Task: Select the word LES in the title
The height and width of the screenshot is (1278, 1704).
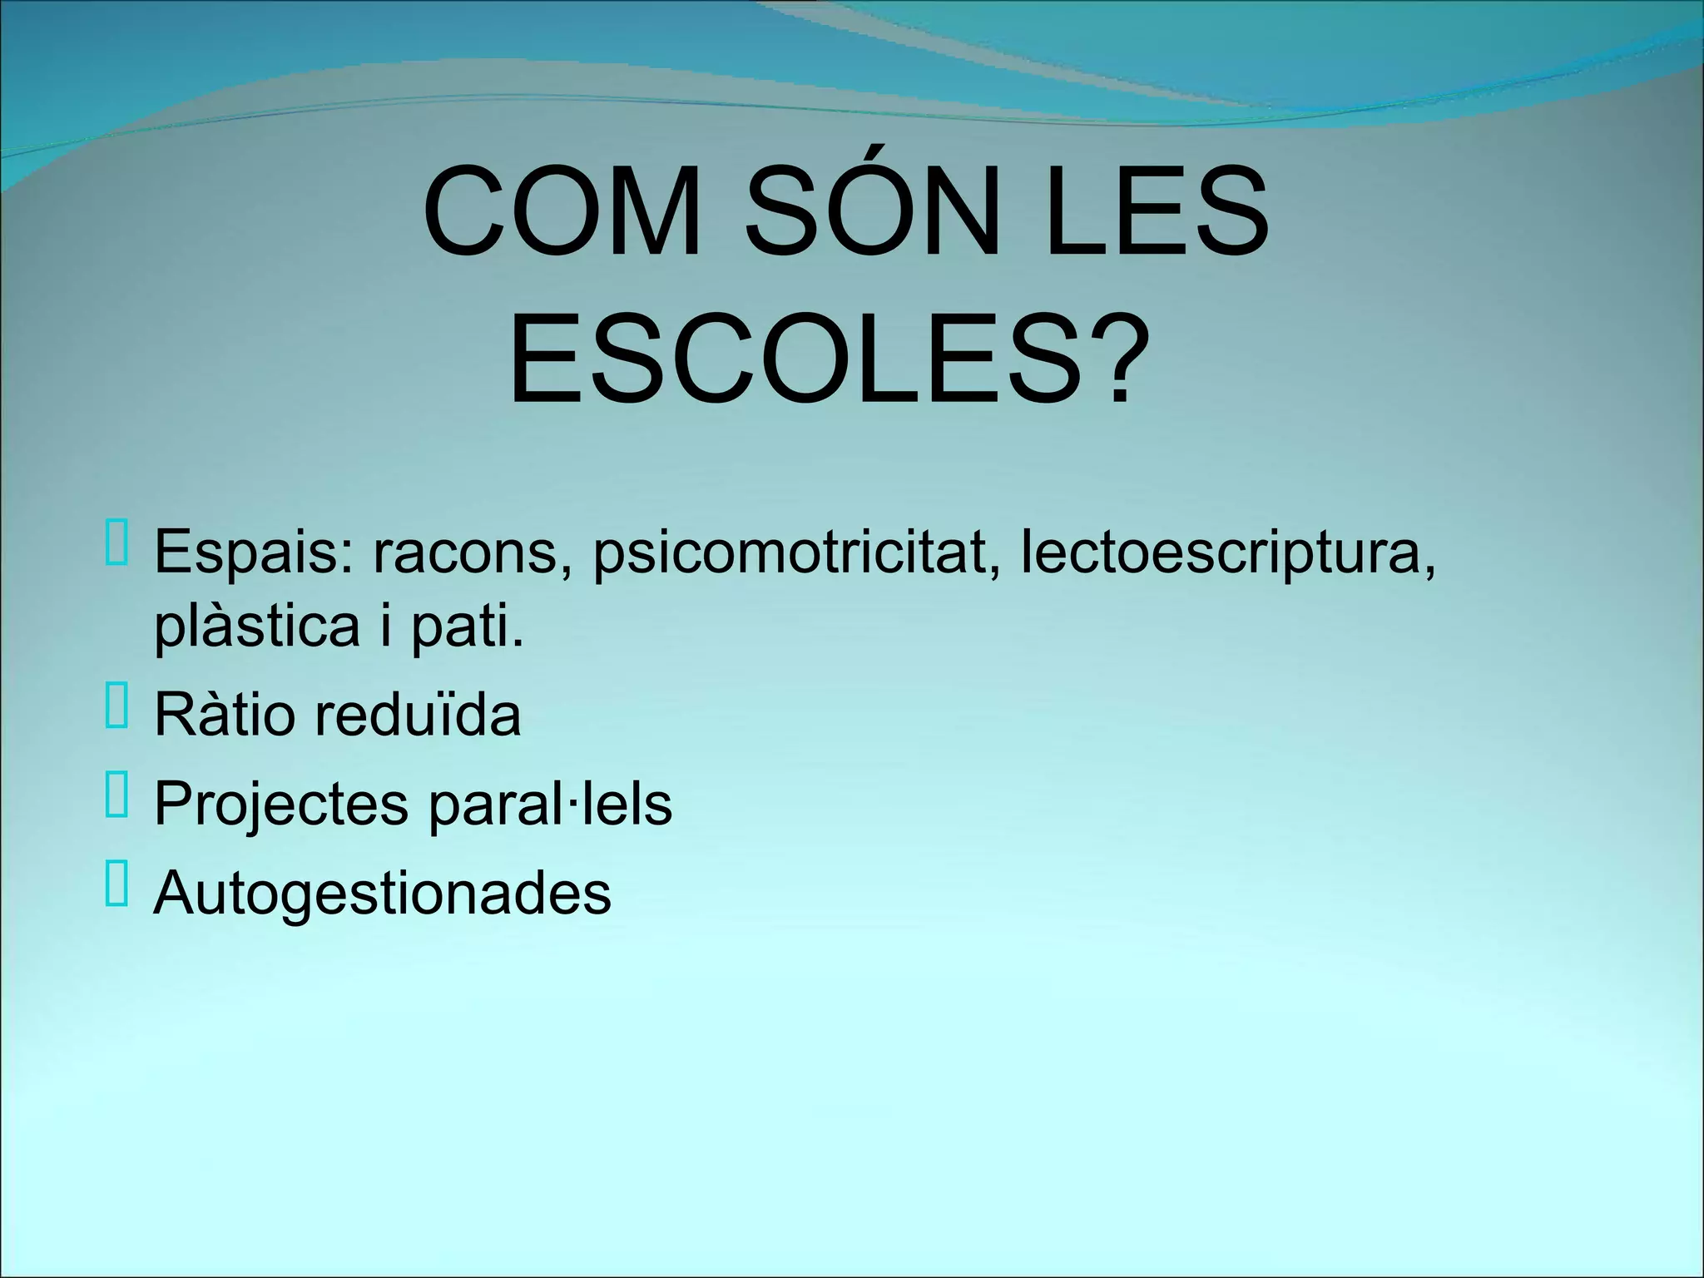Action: coord(1157,214)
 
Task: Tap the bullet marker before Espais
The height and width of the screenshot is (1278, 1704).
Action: coord(117,542)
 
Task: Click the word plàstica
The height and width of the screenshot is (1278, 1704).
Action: coord(256,627)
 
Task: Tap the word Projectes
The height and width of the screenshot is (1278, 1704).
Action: coord(281,805)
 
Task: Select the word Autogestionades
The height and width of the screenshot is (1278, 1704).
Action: coord(382,893)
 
